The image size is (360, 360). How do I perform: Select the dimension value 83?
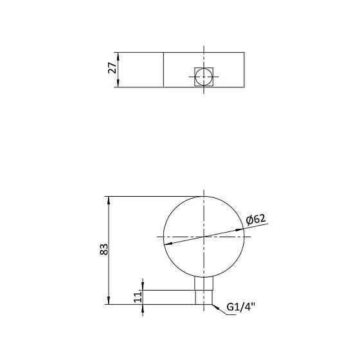click(x=104, y=250)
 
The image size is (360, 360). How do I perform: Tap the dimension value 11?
click(x=136, y=297)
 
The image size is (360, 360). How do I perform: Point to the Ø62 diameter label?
click(x=256, y=220)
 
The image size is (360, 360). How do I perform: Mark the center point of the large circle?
click(x=204, y=237)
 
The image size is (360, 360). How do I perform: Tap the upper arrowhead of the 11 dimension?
click(x=143, y=288)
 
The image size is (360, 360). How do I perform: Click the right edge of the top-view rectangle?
click(x=245, y=69)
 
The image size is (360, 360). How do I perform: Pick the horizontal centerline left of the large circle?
click(x=160, y=237)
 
